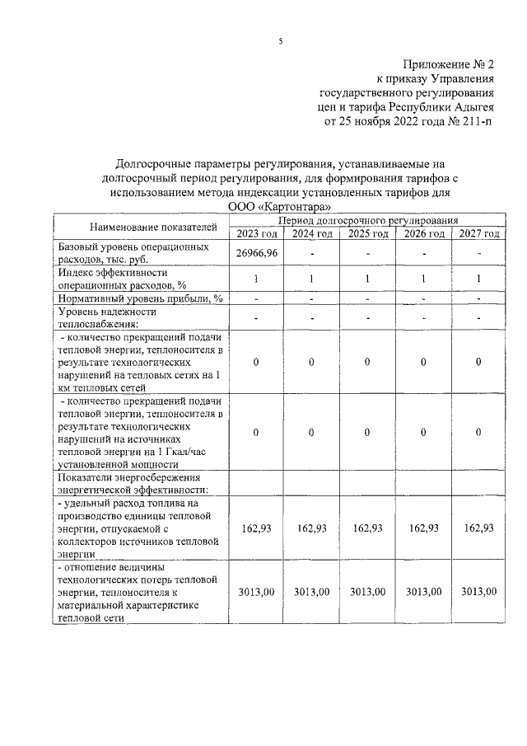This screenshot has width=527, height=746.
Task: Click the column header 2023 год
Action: point(256,233)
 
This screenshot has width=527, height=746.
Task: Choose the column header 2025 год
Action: point(367,233)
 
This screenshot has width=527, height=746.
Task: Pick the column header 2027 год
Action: point(478,233)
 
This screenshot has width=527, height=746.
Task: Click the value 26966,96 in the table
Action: point(256,253)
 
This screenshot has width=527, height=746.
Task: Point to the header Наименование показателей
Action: point(142,226)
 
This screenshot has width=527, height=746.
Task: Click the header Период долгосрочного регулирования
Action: point(367,220)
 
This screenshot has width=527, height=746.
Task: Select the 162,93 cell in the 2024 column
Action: point(311,528)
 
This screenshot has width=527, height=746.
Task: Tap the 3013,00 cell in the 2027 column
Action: point(478,591)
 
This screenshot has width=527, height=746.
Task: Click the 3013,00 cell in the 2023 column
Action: point(256,591)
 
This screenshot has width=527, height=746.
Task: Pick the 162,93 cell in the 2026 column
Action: point(422,528)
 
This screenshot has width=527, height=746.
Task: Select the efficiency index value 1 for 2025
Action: point(367,279)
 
